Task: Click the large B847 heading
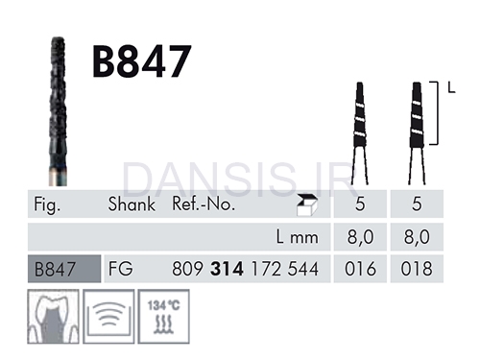tap(142, 61)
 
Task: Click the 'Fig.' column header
tap(47, 204)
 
